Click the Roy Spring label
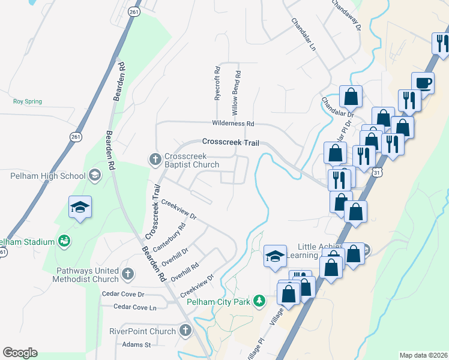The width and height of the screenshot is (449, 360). coord(28,101)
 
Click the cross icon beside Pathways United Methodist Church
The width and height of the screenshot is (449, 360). coord(127,274)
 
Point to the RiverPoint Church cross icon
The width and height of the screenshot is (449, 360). coord(185,331)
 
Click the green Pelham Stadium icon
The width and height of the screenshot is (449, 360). coord(64,241)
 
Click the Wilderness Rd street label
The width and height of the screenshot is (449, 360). coord(233,124)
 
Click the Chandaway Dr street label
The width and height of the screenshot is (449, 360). coord(346,14)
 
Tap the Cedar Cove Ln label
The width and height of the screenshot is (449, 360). coord(136,307)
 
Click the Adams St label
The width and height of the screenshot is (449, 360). coord(136,344)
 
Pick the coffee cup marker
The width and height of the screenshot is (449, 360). coord(422,83)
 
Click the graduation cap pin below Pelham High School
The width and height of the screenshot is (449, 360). coord(80,207)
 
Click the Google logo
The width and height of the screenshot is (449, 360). coord(20,353)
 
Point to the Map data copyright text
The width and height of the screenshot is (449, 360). coord(423,355)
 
